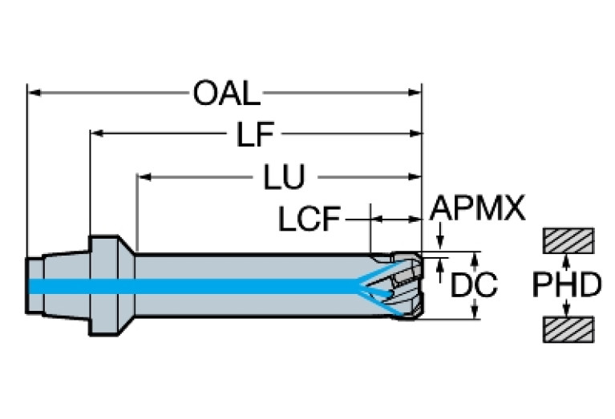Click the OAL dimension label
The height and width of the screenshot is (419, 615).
(x=226, y=94)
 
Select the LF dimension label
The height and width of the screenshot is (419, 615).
(x=254, y=135)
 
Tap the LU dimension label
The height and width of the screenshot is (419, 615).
(x=285, y=178)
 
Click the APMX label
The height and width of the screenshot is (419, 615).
(x=477, y=208)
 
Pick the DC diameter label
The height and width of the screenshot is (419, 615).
(x=473, y=286)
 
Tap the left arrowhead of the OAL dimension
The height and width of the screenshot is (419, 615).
(x=34, y=93)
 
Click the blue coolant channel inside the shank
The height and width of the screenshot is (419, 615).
(x=200, y=286)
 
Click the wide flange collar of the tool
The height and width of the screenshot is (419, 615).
(x=105, y=286)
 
